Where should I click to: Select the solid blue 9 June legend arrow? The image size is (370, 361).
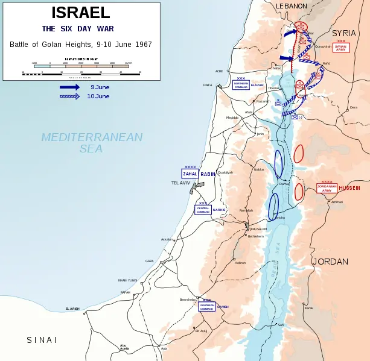point(69,87)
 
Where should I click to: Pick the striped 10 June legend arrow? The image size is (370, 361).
point(69,96)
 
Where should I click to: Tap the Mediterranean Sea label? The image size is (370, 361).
point(92,142)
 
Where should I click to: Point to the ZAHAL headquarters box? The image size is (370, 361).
point(190,174)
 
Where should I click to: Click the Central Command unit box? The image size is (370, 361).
point(203,210)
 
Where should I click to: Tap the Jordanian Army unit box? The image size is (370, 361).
point(327,188)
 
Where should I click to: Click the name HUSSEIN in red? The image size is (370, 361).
point(349,188)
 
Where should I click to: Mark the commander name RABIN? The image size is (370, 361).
point(208,174)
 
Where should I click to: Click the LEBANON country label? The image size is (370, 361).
point(292,6)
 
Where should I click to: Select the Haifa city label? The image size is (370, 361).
point(208,85)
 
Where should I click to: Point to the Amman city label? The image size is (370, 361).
point(337,202)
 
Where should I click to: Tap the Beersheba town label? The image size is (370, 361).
point(188,299)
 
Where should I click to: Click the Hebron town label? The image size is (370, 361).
point(240,263)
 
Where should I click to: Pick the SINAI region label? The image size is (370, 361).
point(42,340)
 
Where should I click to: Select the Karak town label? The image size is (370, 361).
point(308,308)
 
